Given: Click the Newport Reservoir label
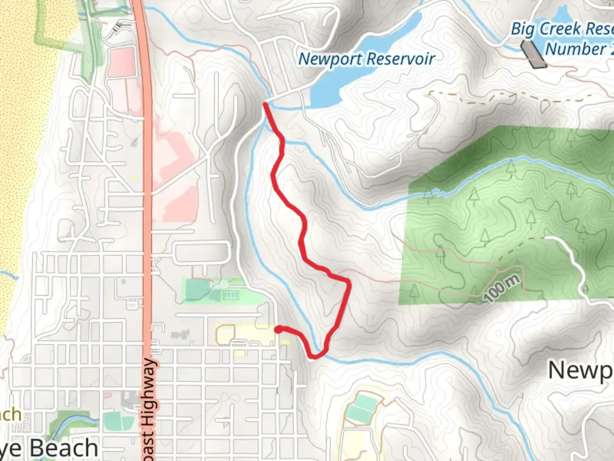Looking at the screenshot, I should pos(366,59).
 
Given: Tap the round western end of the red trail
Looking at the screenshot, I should pos(278,329).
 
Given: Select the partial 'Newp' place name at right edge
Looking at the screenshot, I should pos(580,370).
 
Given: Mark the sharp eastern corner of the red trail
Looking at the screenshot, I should pos(349,282).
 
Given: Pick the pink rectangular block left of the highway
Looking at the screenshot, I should pos(122,62).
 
